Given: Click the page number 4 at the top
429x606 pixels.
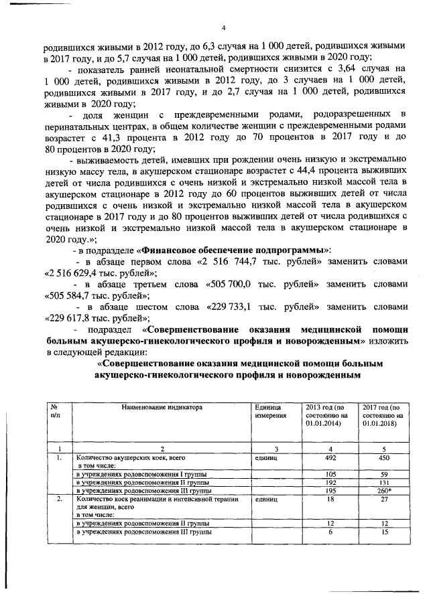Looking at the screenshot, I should tap(224, 27).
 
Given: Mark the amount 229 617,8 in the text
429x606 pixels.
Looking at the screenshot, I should tap(79, 318).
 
